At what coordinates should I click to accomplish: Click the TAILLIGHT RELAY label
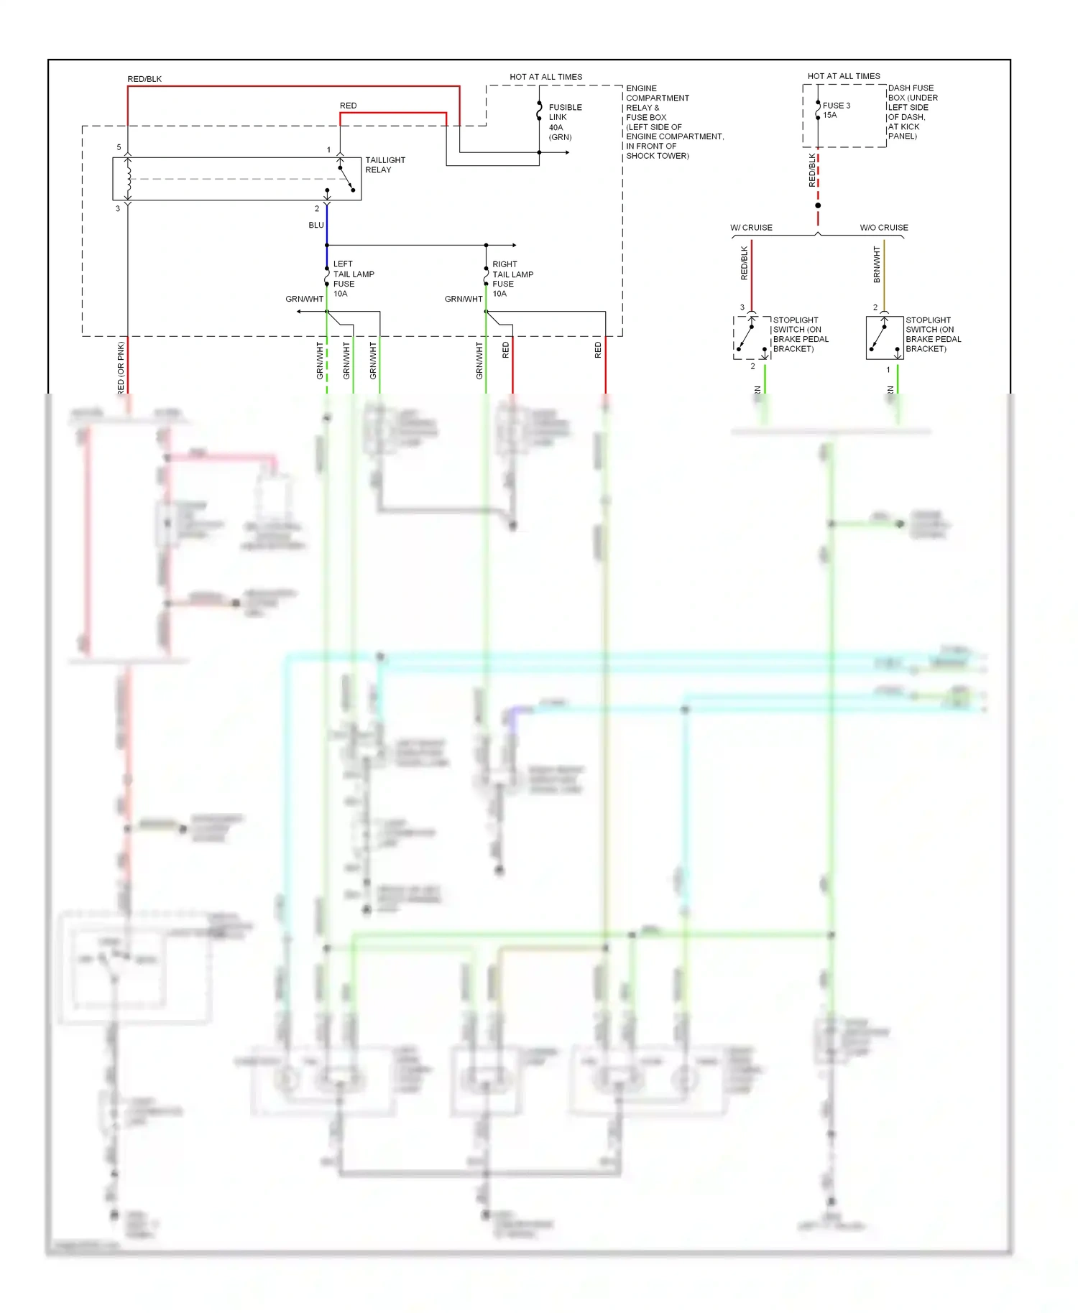384,164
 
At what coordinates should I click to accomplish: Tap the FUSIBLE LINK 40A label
565,121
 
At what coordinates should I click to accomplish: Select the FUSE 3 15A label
836,110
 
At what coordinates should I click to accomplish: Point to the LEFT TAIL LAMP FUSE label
353,279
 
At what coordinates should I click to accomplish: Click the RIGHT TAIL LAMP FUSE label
512,279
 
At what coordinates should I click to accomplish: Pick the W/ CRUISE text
751,228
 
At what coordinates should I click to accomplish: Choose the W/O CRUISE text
884,228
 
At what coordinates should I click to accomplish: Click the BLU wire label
316,225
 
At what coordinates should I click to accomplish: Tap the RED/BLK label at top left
144,79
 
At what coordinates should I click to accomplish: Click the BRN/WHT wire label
877,264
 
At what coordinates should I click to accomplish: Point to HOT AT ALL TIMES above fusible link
546,77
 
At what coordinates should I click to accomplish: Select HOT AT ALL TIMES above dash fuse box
844,76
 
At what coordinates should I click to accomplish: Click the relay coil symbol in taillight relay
129,179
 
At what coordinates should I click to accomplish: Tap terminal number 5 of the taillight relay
119,147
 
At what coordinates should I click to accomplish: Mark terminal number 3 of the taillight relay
118,208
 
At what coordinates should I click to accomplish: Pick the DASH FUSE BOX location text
913,112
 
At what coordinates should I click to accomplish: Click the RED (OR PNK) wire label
121,367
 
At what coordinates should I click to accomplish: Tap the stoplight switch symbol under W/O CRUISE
885,338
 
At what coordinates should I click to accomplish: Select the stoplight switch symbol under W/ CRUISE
752,338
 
